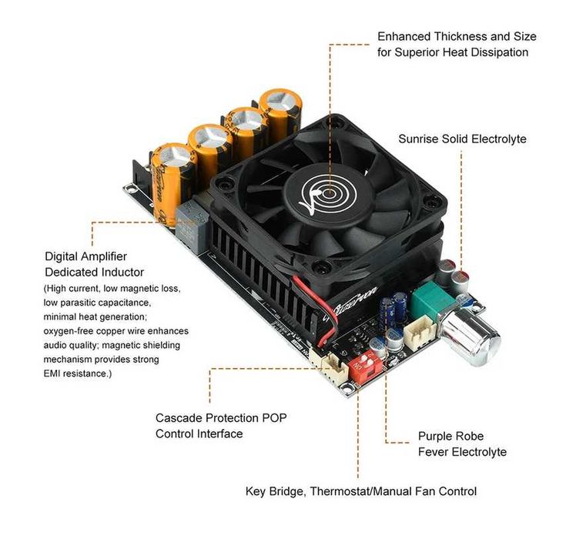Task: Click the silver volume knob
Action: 474,336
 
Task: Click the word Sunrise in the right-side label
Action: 421,139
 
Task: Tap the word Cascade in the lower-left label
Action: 179,418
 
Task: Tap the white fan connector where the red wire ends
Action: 333,369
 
